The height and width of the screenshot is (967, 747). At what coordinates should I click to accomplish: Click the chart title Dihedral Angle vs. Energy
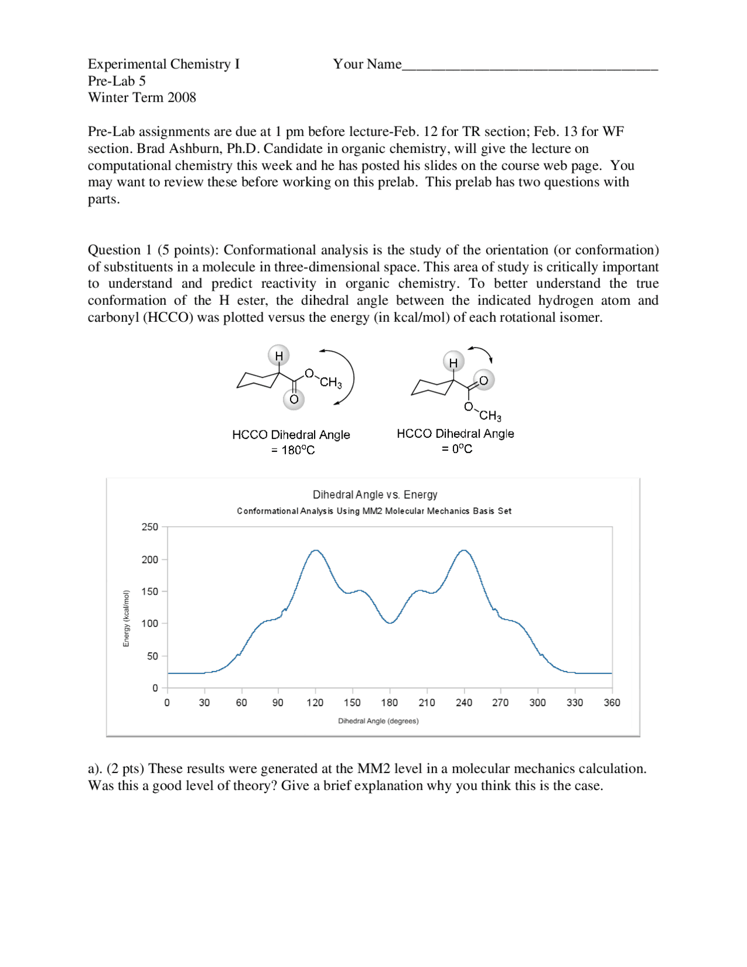pyautogui.click(x=375, y=495)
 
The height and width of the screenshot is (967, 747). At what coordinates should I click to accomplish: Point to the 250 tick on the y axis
pyautogui.click(x=150, y=527)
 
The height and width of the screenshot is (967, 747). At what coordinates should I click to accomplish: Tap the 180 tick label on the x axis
pyautogui.click(x=389, y=702)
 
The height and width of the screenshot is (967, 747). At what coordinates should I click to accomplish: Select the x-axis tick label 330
pyautogui.click(x=574, y=702)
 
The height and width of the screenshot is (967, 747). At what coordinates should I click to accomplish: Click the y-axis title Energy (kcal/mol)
pyautogui.click(x=126, y=618)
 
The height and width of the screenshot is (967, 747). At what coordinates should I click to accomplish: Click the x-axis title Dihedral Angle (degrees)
pyautogui.click(x=378, y=721)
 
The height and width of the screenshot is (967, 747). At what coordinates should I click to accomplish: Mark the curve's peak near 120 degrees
pyautogui.click(x=315, y=550)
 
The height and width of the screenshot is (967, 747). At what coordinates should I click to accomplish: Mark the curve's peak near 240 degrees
pyautogui.click(x=464, y=550)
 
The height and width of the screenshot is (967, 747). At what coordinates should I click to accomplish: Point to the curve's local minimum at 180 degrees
pyautogui.click(x=390, y=623)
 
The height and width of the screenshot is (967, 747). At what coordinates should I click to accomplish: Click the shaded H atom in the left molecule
pyautogui.click(x=279, y=356)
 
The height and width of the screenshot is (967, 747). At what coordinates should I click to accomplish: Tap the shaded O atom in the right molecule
pyautogui.click(x=483, y=380)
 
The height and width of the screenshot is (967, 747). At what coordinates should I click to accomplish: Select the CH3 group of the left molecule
pyautogui.click(x=330, y=382)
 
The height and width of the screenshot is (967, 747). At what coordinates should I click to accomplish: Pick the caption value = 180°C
pyautogui.click(x=292, y=450)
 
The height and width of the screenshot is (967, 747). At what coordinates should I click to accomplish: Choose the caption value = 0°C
pyautogui.click(x=456, y=449)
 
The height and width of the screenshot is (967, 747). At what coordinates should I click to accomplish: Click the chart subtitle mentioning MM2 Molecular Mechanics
pyautogui.click(x=373, y=511)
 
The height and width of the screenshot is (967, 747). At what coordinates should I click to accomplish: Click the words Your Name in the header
pyautogui.click(x=367, y=64)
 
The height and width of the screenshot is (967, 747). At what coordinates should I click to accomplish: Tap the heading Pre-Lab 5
pyautogui.click(x=117, y=81)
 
